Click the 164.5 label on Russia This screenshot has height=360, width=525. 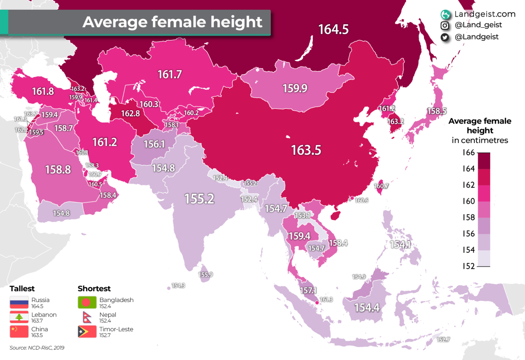pyautogui.click(x=333, y=30)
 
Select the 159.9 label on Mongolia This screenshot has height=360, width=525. pyautogui.click(x=295, y=89)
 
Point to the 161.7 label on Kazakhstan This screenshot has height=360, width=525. pyautogui.click(x=170, y=75)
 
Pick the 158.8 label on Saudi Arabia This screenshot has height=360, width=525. pyautogui.click(x=58, y=169)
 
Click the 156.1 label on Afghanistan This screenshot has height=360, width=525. pyautogui.click(x=154, y=145)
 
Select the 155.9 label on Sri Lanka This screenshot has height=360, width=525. pyautogui.click(x=206, y=275)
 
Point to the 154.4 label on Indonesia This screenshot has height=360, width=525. pyautogui.click(x=367, y=308)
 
